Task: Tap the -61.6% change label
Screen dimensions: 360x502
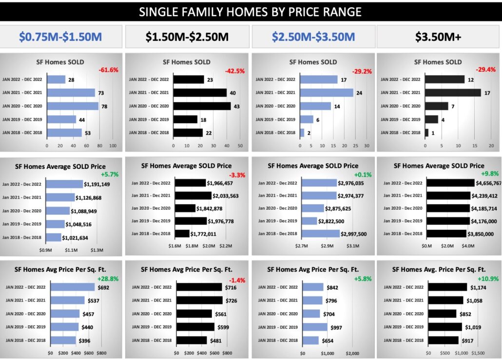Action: [x=108, y=70]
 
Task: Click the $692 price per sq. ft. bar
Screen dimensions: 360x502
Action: [x=71, y=287]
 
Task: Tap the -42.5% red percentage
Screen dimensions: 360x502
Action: [x=235, y=71]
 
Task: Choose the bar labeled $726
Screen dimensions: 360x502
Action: [x=199, y=300]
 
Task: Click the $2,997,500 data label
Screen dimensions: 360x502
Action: [x=353, y=234]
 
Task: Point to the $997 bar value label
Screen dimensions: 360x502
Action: [x=336, y=327]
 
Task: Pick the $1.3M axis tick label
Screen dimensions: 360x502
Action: [x=97, y=250]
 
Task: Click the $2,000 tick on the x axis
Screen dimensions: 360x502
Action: [x=352, y=353]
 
